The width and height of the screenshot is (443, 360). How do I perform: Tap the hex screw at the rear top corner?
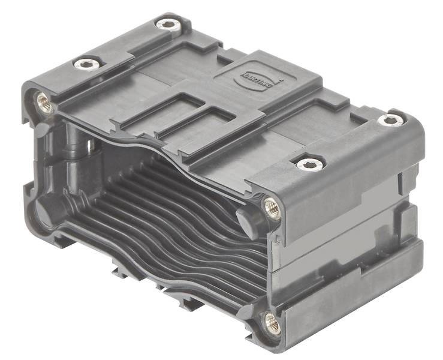coord(168,25)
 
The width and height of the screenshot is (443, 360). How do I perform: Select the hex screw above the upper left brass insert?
coord(85,64)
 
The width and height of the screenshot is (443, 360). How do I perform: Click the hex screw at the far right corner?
coord(390,120)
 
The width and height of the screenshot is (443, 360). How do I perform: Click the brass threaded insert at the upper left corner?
coord(43,103)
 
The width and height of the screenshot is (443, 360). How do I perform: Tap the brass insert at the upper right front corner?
coord(271,207)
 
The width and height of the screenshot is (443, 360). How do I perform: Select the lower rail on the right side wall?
coord(354,312)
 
